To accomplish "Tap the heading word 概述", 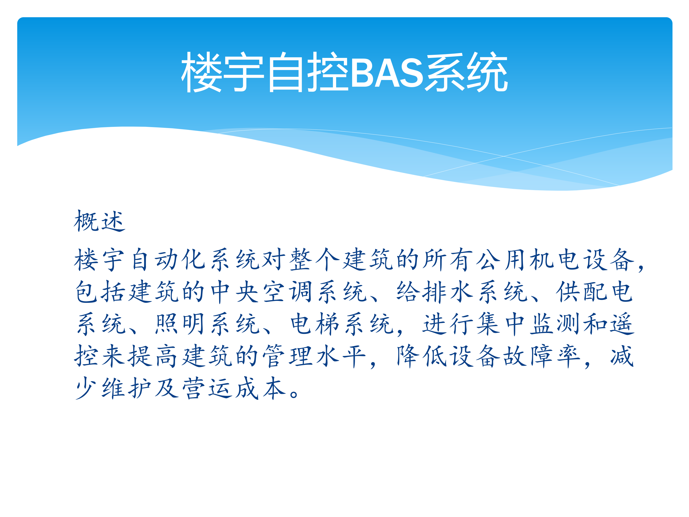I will pyautogui.click(x=99, y=221).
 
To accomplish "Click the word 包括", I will pyautogui.click(x=100, y=292).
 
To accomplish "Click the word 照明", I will pyautogui.click(x=180, y=324).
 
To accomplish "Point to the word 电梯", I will pyautogui.click(x=315, y=324).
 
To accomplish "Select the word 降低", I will pyautogui.click(x=422, y=356).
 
